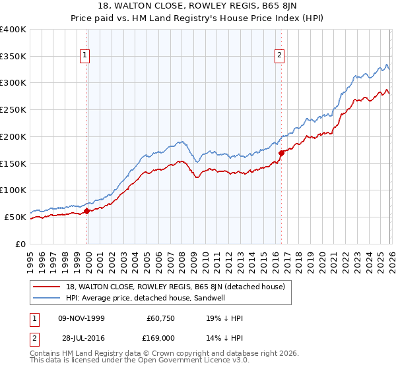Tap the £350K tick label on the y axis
point(13,57)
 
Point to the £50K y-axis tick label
point(15,217)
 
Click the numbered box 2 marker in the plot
point(280,56)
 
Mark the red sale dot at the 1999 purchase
point(86,211)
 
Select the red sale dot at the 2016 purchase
point(281,153)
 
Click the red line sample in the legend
point(48,287)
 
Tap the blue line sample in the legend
point(48,298)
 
